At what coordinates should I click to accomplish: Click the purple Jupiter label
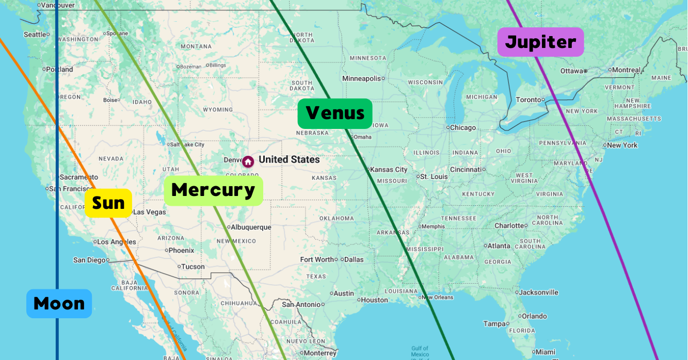(540, 42)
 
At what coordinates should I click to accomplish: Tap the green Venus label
(334, 113)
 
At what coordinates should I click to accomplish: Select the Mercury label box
(213, 190)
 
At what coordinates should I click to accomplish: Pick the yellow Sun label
(108, 203)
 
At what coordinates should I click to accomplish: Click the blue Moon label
(59, 303)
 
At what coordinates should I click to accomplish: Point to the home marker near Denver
(248, 161)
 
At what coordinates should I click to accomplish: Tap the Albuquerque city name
(250, 227)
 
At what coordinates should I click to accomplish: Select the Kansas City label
(388, 169)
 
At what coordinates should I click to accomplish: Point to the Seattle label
(35, 35)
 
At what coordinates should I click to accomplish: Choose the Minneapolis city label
(361, 78)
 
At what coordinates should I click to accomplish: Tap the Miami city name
(545, 352)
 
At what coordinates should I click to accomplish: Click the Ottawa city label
(571, 71)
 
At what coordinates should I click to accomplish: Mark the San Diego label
(89, 260)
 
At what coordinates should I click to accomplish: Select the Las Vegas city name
(150, 212)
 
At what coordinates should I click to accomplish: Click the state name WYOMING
(218, 109)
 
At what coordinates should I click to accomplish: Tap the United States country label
(289, 160)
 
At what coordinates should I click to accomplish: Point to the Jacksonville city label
(538, 292)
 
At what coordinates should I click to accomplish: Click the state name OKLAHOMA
(337, 218)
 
